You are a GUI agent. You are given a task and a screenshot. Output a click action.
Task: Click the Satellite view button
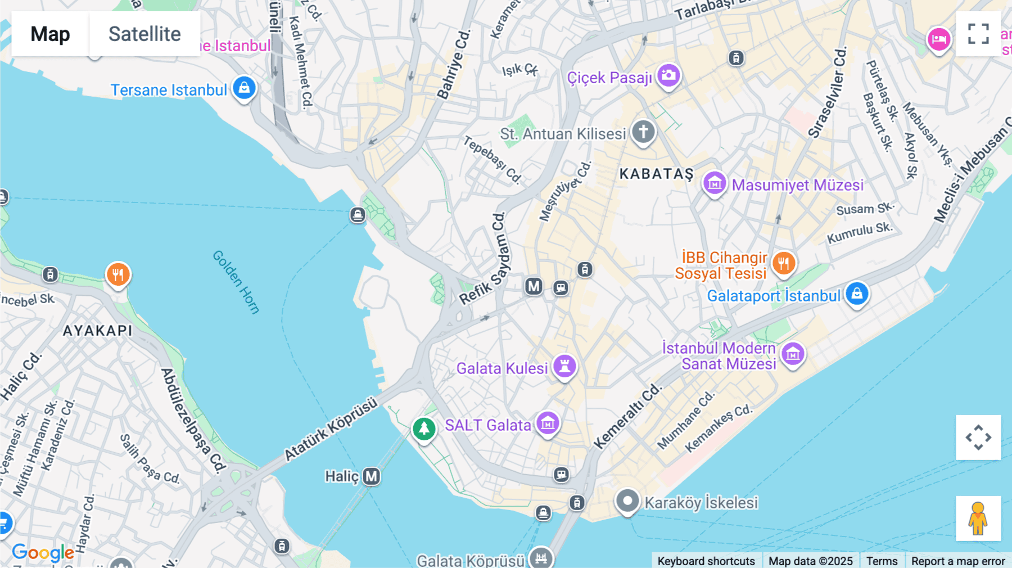pyautogui.click(x=144, y=34)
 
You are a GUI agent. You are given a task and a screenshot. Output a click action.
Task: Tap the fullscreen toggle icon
pyautogui.click(x=978, y=34)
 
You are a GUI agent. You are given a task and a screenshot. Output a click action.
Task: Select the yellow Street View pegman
pyautogui.click(x=978, y=518)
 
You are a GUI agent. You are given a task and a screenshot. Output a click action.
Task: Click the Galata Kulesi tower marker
pyautogui.click(x=564, y=366)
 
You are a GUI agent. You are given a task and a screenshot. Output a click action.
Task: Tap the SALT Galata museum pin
pyautogui.click(x=547, y=423)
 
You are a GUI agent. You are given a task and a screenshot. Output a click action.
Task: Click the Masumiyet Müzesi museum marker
pyautogui.click(x=715, y=183)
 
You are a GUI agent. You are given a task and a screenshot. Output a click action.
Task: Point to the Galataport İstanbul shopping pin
pyautogui.click(x=857, y=294)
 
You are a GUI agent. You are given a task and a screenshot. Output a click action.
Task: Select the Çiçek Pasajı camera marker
pyautogui.click(x=668, y=75)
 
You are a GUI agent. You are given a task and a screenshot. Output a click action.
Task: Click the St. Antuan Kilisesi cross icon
pyautogui.click(x=643, y=132)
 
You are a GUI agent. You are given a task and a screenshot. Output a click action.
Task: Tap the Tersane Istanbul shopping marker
pyautogui.click(x=244, y=88)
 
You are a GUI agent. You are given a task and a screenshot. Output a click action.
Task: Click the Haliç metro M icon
pyautogui.click(x=371, y=476)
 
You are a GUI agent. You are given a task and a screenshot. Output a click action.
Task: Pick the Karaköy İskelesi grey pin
pyautogui.click(x=627, y=501)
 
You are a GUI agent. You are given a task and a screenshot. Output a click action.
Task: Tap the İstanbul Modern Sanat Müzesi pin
pyautogui.click(x=793, y=354)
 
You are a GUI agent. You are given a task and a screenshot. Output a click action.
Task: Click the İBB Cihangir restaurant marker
pyautogui.click(x=783, y=263)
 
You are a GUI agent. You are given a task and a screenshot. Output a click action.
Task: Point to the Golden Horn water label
pyautogui.click(x=236, y=282)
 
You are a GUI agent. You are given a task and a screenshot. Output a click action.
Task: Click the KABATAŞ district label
pyautogui.click(x=656, y=174)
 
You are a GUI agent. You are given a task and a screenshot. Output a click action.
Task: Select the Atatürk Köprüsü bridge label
pyautogui.click(x=331, y=429)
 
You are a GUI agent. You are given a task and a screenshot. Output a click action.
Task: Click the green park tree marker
pyautogui.click(x=424, y=429)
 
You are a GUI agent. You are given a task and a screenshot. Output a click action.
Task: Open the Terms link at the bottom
pyautogui.click(x=882, y=561)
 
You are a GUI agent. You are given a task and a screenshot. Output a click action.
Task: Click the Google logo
pyautogui.click(x=43, y=552)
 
